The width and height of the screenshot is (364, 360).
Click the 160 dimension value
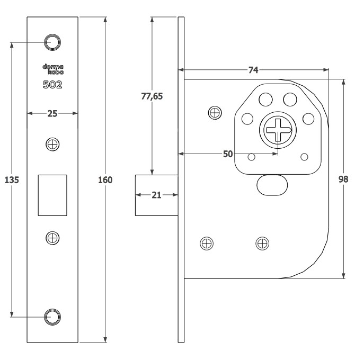click(105, 180)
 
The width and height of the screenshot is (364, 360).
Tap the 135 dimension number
click(12, 180)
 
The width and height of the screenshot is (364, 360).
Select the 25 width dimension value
click(52, 114)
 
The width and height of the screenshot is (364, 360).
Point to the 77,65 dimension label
click(152, 96)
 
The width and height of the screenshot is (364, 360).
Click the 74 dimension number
click(253, 70)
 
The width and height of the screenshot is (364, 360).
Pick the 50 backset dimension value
click(228, 154)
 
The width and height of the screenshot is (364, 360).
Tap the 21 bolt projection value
click(156, 195)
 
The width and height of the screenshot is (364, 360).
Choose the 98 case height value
click(343, 179)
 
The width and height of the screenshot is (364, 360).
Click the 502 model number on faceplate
click(52, 85)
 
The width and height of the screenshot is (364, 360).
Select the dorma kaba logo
click(53, 69)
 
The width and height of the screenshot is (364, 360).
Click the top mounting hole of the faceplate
click(52, 42)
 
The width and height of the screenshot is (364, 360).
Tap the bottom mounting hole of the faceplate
click(52, 317)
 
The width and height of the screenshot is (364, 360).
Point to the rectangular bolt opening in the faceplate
click(52, 195)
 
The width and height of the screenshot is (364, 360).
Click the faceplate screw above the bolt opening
click(52, 145)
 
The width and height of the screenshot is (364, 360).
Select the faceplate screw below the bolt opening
click(52, 238)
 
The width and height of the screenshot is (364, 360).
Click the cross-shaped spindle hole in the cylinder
click(278, 130)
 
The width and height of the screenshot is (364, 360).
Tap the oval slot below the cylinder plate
click(272, 185)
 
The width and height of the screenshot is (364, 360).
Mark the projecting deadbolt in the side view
click(157, 195)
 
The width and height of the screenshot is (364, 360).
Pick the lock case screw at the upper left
click(215, 113)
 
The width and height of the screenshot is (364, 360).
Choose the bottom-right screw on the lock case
click(262, 244)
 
